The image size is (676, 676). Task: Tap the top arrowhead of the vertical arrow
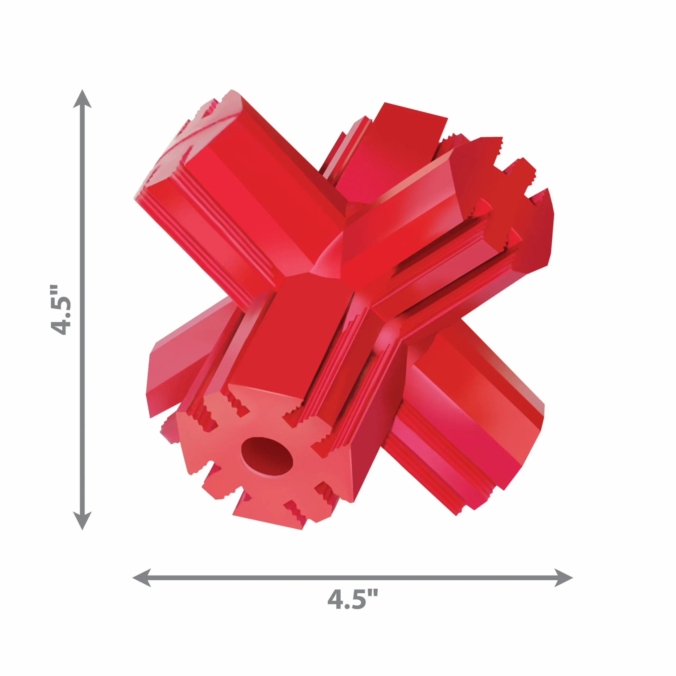click(x=82, y=99)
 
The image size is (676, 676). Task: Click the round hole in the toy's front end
click(x=267, y=456)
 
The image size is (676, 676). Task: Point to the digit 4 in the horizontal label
click(x=336, y=599)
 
